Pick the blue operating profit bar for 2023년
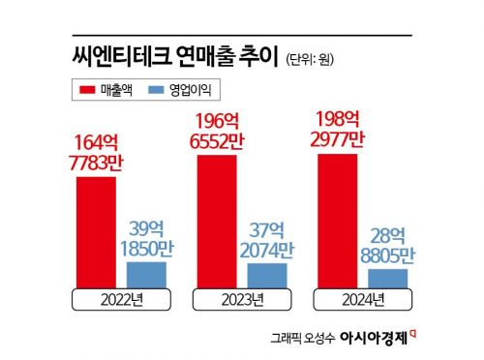(x=267, y=275)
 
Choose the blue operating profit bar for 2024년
(x=387, y=278)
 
